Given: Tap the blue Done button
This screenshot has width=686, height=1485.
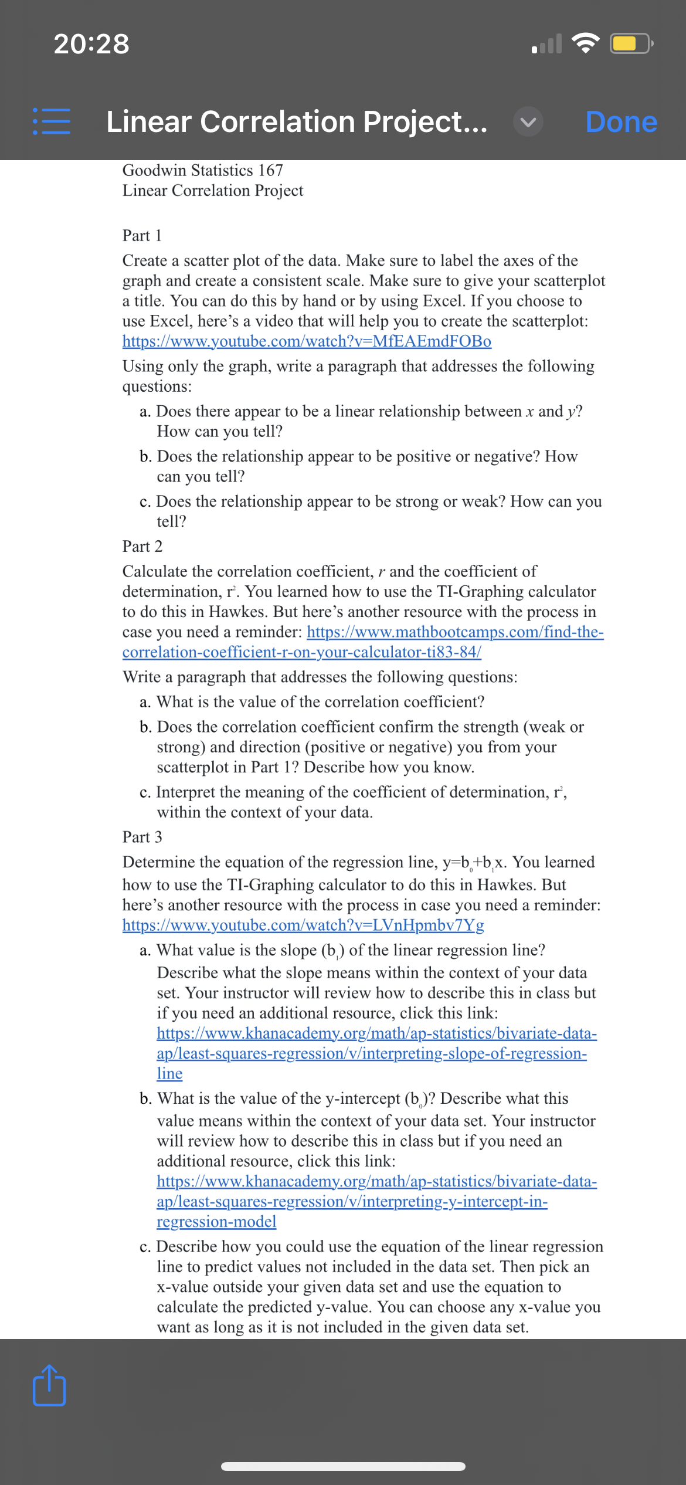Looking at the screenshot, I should (621, 122).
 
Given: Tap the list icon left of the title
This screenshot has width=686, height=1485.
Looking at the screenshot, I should (52, 121).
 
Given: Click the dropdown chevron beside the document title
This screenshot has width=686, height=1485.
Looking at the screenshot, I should (528, 122).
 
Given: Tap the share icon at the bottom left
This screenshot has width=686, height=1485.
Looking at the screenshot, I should (49, 1386).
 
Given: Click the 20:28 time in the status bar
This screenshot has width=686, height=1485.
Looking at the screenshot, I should (91, 44).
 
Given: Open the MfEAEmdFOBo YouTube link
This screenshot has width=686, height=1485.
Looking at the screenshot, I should (307, 341).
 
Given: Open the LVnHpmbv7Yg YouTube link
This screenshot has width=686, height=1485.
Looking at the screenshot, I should (303, 925).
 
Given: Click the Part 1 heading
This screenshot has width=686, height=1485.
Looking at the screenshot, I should (142, 235).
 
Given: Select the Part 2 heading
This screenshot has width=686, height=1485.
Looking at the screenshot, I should (142, 546).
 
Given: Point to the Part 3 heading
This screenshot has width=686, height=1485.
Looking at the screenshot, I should (142, 837).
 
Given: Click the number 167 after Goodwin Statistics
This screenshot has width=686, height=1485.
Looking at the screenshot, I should (270, 170).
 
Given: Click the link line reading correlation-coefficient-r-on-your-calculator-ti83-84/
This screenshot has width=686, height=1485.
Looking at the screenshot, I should (301, 652).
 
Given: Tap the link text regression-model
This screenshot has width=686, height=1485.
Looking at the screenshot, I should (216, 1221).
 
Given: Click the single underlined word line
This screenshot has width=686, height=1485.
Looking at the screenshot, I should (169, 1073).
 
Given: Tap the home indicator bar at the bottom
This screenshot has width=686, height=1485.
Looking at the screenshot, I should (343, 1466).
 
